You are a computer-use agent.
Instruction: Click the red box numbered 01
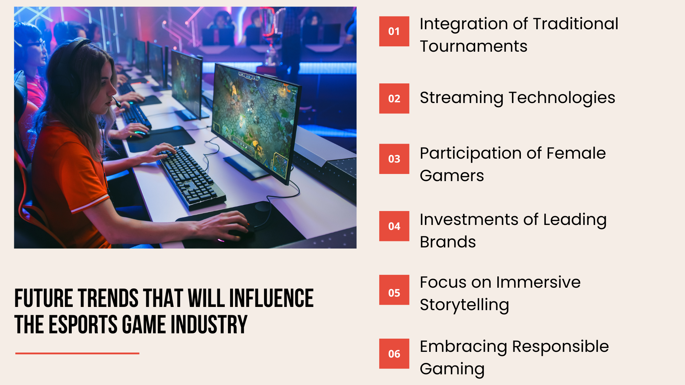(x=394, y=31)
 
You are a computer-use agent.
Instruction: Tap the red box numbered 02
(x=394, y=98)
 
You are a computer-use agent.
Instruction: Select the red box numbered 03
(x=394, y=159)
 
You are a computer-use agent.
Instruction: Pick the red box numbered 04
(x=394, y=226)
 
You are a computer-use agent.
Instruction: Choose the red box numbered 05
(x=394, y=293)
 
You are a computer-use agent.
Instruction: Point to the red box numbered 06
(x=394, y=354)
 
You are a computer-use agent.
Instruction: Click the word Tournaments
(x=473, y=46)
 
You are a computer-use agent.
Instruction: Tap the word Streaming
(x=462, y=98)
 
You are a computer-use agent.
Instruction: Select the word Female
(x=576, y=153)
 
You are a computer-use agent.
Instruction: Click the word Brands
(x=448, y=242)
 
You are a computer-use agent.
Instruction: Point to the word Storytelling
(x=464, y=305)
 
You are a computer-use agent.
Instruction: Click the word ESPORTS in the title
(x=83, y=325)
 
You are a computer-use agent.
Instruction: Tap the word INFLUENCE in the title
(x=271, y=298)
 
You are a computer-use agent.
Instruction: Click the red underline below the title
(x=77, y=353)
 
